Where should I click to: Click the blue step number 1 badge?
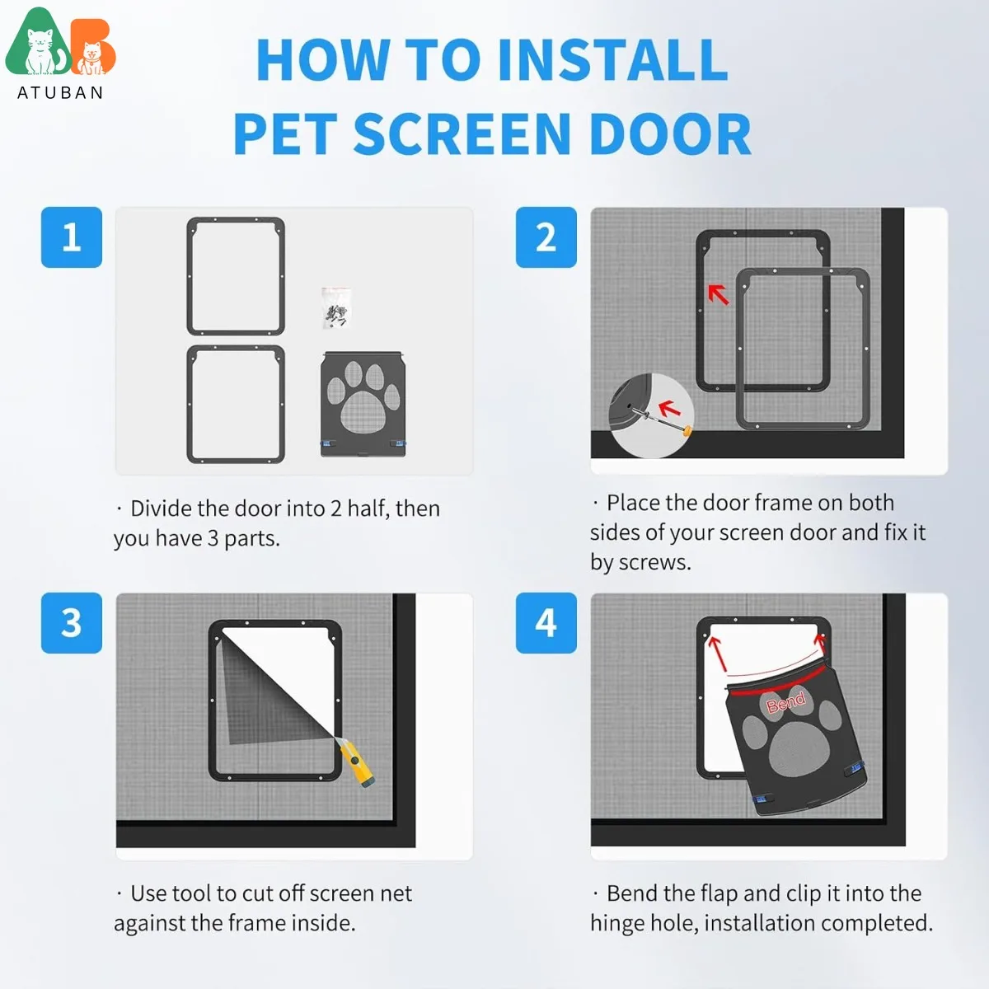pyautogui.click(x=72, y=237)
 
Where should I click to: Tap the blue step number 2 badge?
pyautogui.click(x=546, y=237)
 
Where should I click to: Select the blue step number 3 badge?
pyautogui.click(x=72, y=623)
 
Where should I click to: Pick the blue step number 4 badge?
pyautogui.click(x=546, y=623)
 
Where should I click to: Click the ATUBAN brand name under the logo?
pyautogui.click(x=61, y=92)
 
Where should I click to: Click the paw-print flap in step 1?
pyautogui.click(x=363, y=403)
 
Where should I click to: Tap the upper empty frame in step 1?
pyautogui.click(x=236, y=276)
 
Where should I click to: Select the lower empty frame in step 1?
pyautogui.click(x=236, y=404)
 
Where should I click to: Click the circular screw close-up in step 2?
pyautogui.click(x=651, y=415)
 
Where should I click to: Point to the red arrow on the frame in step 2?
pyautogui.click(x=719, y=293)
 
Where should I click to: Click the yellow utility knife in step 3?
pyautogui.click(x=357, y=762)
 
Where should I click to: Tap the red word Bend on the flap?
pyautogui.click(x=785, y=702)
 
